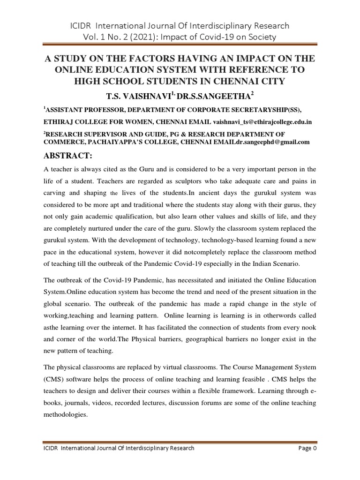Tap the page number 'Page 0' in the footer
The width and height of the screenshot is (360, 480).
[308, 448]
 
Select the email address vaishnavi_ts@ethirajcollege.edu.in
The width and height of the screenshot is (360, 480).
[263, 122]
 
